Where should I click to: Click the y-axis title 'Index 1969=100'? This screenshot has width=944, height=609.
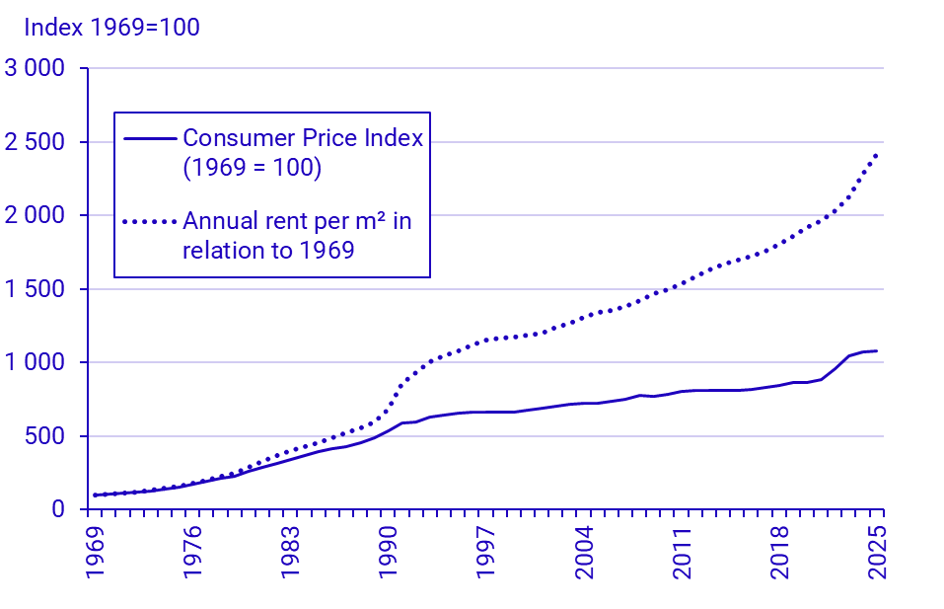[x=111, y=27]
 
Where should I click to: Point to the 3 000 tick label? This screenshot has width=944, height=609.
[x=35, y=69]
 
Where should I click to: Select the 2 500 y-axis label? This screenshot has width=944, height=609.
[x=35, y=142]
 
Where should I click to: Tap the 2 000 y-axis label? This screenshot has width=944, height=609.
[x=35, y=216]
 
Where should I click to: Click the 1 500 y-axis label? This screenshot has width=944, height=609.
[x=35, y=289]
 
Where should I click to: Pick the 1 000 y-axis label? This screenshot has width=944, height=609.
[x=35, y=362]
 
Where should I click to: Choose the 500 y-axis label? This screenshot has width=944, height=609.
[x=46, y=436]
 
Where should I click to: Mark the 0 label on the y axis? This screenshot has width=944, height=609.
[x=57, y=509]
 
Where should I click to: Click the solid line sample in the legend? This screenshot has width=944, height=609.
[x=150, y=138]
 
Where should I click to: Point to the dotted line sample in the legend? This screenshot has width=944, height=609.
[x=150, y=221]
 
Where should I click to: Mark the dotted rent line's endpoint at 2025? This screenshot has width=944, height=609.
[x=876, y=155]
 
